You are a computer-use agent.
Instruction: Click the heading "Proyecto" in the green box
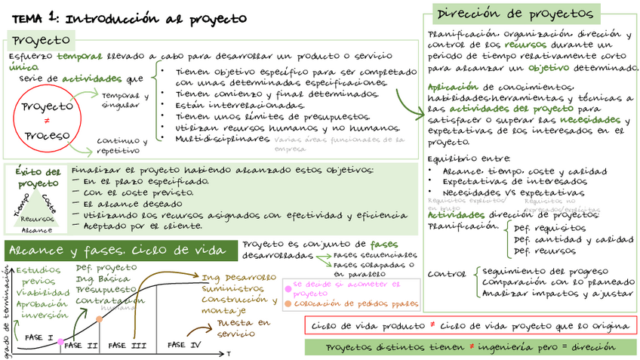[x=42, y=39]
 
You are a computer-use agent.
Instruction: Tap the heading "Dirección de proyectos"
[x=514, y=14]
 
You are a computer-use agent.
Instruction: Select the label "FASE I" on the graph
[x=38, y=337]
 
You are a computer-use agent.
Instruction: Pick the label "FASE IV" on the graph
[x=183, y=345]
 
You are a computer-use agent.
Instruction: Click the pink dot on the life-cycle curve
[x=61, y=342]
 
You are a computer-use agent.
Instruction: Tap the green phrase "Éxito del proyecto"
[x=38, y=177]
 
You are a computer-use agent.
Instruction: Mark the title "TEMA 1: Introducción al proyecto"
[x=125, y=18]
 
